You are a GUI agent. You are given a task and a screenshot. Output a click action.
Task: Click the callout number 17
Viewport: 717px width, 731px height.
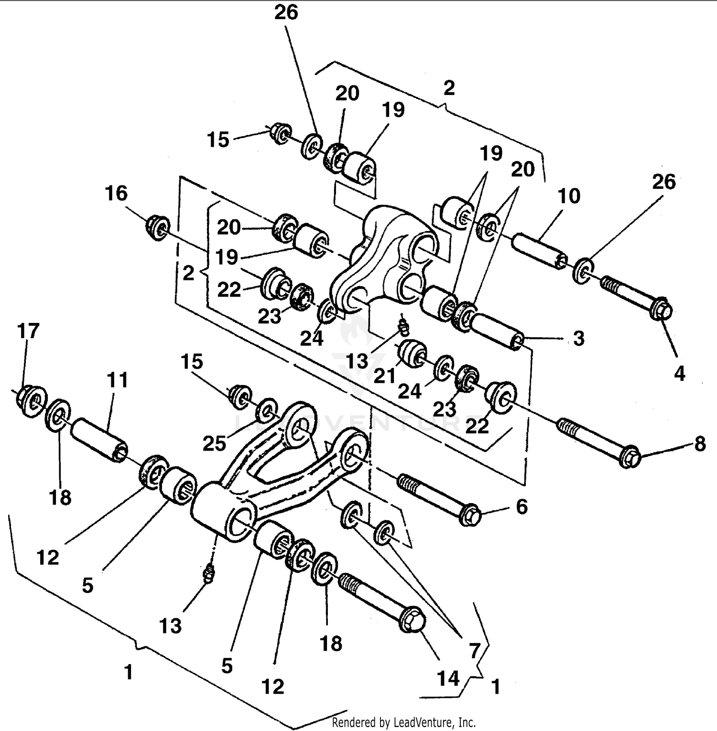pos(28,331)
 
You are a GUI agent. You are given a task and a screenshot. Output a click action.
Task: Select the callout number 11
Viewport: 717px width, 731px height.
pos(117,380)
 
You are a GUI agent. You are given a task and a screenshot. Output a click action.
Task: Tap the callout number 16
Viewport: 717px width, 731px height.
pos(116,193)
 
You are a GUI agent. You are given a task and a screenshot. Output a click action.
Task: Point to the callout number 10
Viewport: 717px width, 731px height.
pos(568,196)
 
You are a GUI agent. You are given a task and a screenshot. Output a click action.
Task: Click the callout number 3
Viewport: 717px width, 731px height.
pos(578,338)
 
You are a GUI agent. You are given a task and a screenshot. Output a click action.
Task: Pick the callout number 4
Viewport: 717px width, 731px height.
pos(679,373)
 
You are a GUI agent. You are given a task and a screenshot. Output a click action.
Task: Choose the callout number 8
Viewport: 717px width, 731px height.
pos(700,444)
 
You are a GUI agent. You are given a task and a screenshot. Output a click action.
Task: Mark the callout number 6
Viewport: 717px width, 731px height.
pos(521,506)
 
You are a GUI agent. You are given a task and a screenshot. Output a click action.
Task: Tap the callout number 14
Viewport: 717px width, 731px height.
pos(448,678)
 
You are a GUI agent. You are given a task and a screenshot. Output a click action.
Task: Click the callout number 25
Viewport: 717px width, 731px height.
pos(214,443)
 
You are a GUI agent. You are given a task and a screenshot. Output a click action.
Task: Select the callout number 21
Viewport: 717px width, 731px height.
pos(384,376)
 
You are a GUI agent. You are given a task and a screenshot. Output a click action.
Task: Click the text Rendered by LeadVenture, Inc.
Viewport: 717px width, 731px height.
pos(404,722)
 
